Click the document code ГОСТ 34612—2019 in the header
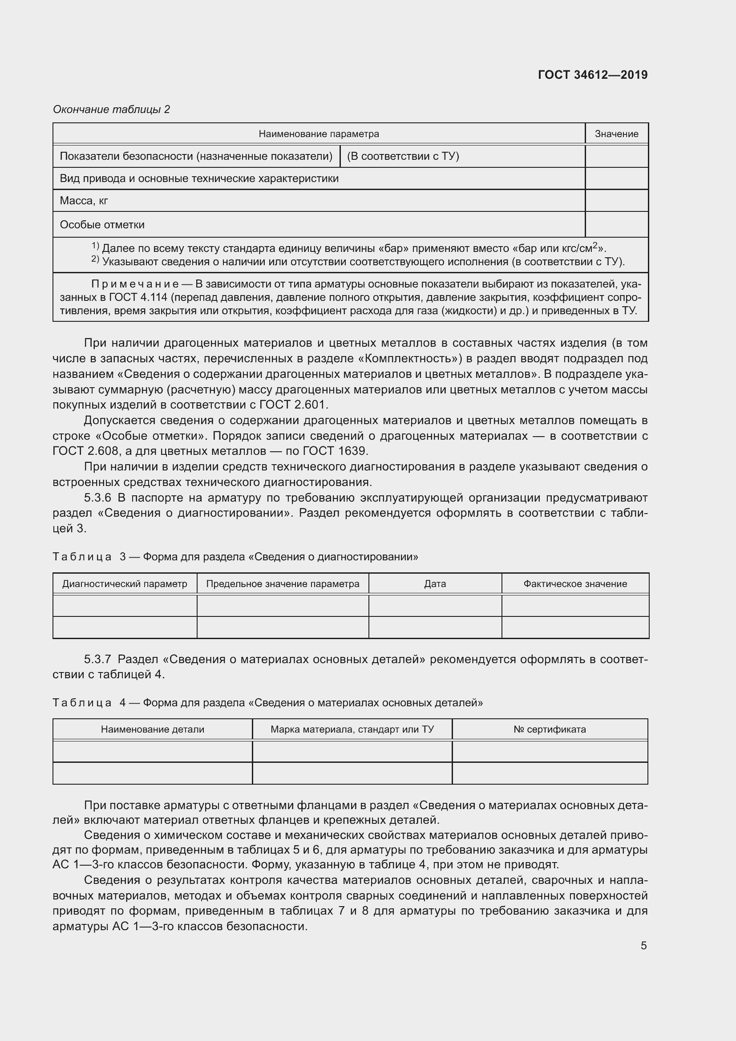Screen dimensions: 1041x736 592,75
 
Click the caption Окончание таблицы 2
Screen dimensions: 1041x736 111,109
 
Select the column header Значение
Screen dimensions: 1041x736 616,134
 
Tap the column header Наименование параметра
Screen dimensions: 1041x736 319,134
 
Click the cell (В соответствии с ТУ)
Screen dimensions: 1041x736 403,156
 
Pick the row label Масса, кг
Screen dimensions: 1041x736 84,201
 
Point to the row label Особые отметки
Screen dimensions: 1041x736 102,225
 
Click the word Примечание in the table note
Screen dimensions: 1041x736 134,284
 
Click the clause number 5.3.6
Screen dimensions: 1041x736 97,498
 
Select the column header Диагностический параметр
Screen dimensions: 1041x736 125,584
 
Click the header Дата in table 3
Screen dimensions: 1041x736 435,584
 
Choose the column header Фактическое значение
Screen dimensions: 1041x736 574,584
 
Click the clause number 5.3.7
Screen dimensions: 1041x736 97,659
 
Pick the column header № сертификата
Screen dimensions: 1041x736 549,729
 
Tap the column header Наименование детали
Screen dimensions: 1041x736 152,729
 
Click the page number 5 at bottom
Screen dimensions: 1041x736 643,946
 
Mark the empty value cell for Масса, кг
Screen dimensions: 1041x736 616,201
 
